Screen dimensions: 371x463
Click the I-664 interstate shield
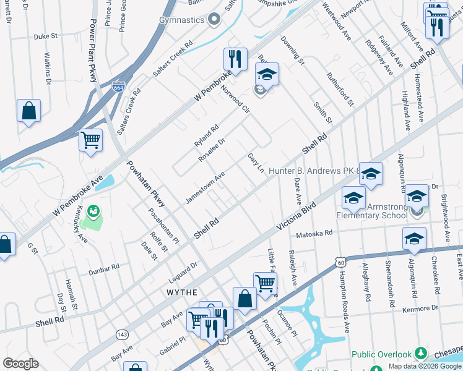(x=119, y=87)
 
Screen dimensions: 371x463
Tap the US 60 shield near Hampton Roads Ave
(x=341, y=263)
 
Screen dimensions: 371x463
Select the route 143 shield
(x=122, y=334)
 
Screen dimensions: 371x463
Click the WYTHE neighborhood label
(x=181, y=292)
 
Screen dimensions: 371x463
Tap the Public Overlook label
(x=382, y=354)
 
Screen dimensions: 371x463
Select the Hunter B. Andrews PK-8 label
(x=314, y=169)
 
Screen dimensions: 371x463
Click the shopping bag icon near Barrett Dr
(x=28, y=111)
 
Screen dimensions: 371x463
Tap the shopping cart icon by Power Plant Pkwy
(x=91, y=140)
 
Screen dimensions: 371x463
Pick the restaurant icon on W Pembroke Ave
(x=235, y=59)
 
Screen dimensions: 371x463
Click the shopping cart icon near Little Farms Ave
(x=265, y=283)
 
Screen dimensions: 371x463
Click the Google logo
(x=21, y=364)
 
